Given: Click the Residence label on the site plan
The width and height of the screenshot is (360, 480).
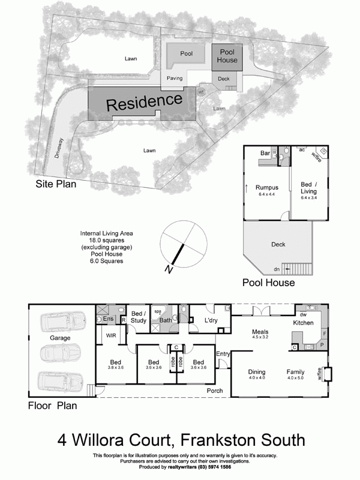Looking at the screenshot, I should (144, 102).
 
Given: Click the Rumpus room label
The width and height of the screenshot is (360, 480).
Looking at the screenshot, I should (266, 187).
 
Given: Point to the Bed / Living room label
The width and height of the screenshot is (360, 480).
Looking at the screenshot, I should (309, 187).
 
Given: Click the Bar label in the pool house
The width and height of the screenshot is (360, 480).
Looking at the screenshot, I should (265, 154).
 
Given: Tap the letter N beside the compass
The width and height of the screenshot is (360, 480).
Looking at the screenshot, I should (170, 271).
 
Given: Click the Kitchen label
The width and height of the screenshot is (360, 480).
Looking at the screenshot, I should (303, 323).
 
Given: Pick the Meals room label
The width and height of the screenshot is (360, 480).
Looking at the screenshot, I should (259, 332).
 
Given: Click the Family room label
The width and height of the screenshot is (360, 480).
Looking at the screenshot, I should (295, 371).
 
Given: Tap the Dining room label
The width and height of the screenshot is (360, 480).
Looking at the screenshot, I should (257, 371).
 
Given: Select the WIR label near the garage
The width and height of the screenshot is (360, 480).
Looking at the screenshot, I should (110, 335).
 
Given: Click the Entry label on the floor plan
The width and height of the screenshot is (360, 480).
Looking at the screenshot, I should (223, 353).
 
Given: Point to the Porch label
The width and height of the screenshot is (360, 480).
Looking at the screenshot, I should (215, 391).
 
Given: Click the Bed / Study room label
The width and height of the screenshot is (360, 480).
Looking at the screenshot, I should (138, 317).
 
